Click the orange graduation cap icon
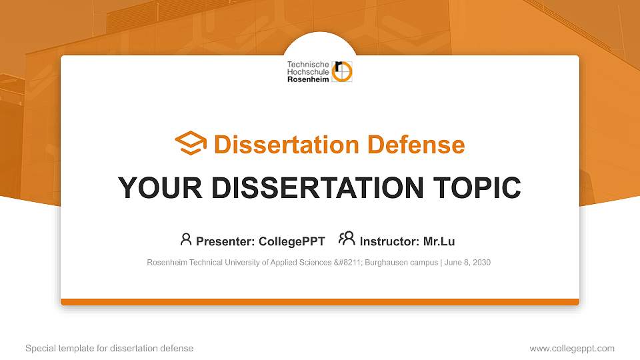(x=191, y=144)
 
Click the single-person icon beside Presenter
(x=186, y=239)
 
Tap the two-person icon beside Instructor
(x=347, y=239)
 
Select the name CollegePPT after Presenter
(x=292, y=241)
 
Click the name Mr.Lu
(x=439, y=241)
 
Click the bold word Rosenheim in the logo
(x=308, y=79)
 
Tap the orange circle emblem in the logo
(x=343, y=72)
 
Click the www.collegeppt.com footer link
(x=572, y=348)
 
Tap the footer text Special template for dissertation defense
(x=109, y=348)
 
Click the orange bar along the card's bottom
(x=320, y=302)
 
